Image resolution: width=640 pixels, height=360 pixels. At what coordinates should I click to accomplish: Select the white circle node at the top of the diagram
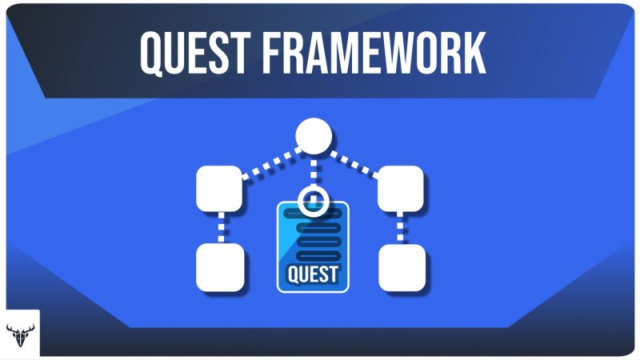[313, 136]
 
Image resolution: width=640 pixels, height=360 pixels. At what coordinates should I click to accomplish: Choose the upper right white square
[400, 189]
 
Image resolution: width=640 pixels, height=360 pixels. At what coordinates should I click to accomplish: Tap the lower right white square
[401, 267]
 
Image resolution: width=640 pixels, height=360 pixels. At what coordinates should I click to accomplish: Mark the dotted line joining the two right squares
[400, 228]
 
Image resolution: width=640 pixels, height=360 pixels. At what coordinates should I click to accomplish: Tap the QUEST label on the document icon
[313, 275]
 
